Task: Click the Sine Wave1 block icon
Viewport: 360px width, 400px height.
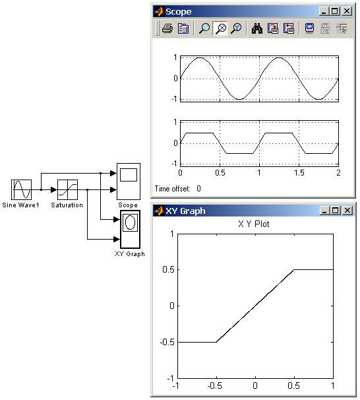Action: pos(21,189)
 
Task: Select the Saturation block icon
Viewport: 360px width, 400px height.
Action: pos(67,189)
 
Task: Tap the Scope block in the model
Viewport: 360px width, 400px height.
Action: pos(129,182)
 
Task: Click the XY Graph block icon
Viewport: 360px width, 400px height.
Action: pos(130,229)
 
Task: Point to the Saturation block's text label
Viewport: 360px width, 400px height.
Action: pos(67,205)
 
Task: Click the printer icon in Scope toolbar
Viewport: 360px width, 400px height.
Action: pos(167,28)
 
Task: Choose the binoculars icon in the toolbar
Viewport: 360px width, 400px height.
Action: pos(257,28)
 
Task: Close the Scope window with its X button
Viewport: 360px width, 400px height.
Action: pos(347,11)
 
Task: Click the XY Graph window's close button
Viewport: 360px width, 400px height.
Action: pos(347,211)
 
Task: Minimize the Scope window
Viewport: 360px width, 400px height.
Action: pos(324,11)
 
